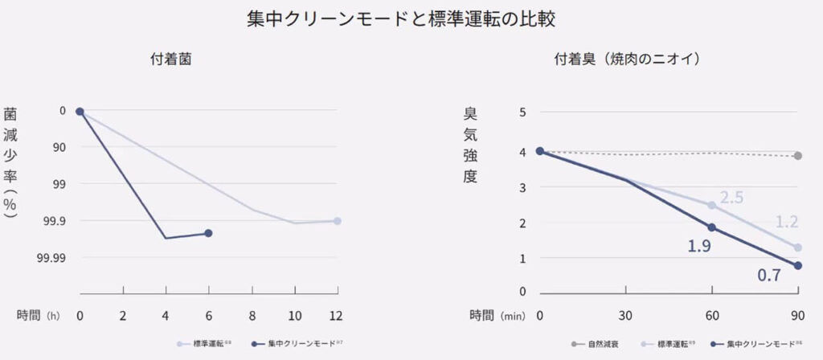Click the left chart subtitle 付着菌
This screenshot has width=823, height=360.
(170, 59)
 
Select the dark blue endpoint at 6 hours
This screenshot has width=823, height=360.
(208, 233)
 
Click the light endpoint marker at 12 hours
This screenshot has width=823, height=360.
(337, 221)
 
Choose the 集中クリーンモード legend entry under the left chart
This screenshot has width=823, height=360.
(297, 344)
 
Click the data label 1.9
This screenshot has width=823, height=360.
(698, 246)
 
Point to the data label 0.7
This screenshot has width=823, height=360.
(770, 276)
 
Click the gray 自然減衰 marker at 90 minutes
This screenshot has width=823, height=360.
(798, 156)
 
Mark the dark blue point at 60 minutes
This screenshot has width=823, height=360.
(710, 227)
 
